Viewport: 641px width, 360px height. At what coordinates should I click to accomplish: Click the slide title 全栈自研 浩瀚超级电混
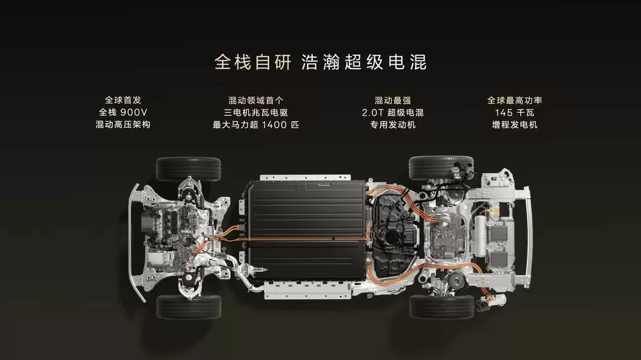click(x=320, y=62)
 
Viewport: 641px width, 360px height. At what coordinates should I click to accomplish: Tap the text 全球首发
click(x=122, y=101)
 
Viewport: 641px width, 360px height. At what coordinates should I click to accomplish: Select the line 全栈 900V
click(x=122, y=113)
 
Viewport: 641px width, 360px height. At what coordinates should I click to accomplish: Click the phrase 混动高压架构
click(x=122, y=124)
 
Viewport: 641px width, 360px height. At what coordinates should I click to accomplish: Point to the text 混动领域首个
click(x=256, y=101)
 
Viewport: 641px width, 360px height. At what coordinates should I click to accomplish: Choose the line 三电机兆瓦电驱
click(x=256, y=113)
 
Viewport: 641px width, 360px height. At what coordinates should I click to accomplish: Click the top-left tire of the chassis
click(x=188, y=169)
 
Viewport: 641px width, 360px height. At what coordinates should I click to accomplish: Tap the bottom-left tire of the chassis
click(x=188, y=307)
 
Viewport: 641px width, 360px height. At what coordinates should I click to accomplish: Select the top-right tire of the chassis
click(x=441, y=168)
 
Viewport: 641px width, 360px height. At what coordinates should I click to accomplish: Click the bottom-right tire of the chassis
click(x=441, y=306)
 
